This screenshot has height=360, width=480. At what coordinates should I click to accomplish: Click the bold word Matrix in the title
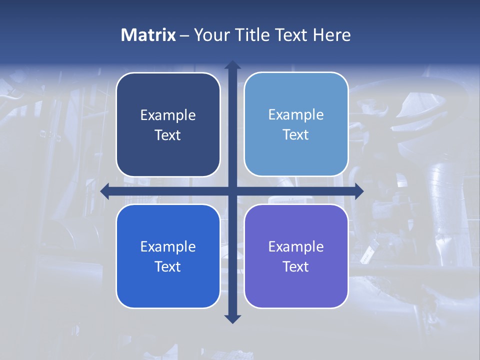click(x=148, y=35)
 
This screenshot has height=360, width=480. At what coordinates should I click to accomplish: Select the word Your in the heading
click(x=210, y=35)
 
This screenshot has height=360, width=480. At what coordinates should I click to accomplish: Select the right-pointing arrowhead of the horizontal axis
click(x=359, y=191)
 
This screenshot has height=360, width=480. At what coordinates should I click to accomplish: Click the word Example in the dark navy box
click(x=168, y=115)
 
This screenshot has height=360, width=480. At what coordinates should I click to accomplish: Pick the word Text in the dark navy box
click(x=168, y=135)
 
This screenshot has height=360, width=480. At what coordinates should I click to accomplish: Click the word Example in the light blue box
click(x=296, y=115)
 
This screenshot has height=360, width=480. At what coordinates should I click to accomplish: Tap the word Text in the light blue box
click(x=296, y=135)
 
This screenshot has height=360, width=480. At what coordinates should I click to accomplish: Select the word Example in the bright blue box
click(x=168, y=247)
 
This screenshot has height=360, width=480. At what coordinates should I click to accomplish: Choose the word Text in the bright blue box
click(x=168, y=267)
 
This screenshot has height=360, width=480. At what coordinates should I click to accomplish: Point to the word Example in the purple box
click(x=296, y=247)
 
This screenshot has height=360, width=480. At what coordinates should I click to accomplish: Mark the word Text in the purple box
click(x=296, y=267)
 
